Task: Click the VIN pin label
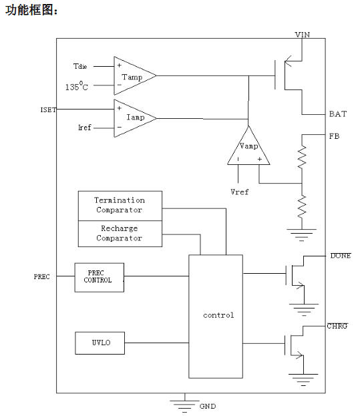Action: click(303, 35)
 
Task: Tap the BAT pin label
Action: click(338, 114)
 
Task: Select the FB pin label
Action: click(334, 136)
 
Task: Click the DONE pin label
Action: click(341, 256)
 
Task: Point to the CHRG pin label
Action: click(337, 326)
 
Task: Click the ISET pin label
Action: click(48, 110)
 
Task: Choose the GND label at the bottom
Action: click(208, 406)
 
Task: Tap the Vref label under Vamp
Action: click(240, 192)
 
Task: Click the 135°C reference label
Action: click(77, 86)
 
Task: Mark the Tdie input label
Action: click(80, 66)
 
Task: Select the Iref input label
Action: click(85, 128)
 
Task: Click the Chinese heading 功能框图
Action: click(31, 10)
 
